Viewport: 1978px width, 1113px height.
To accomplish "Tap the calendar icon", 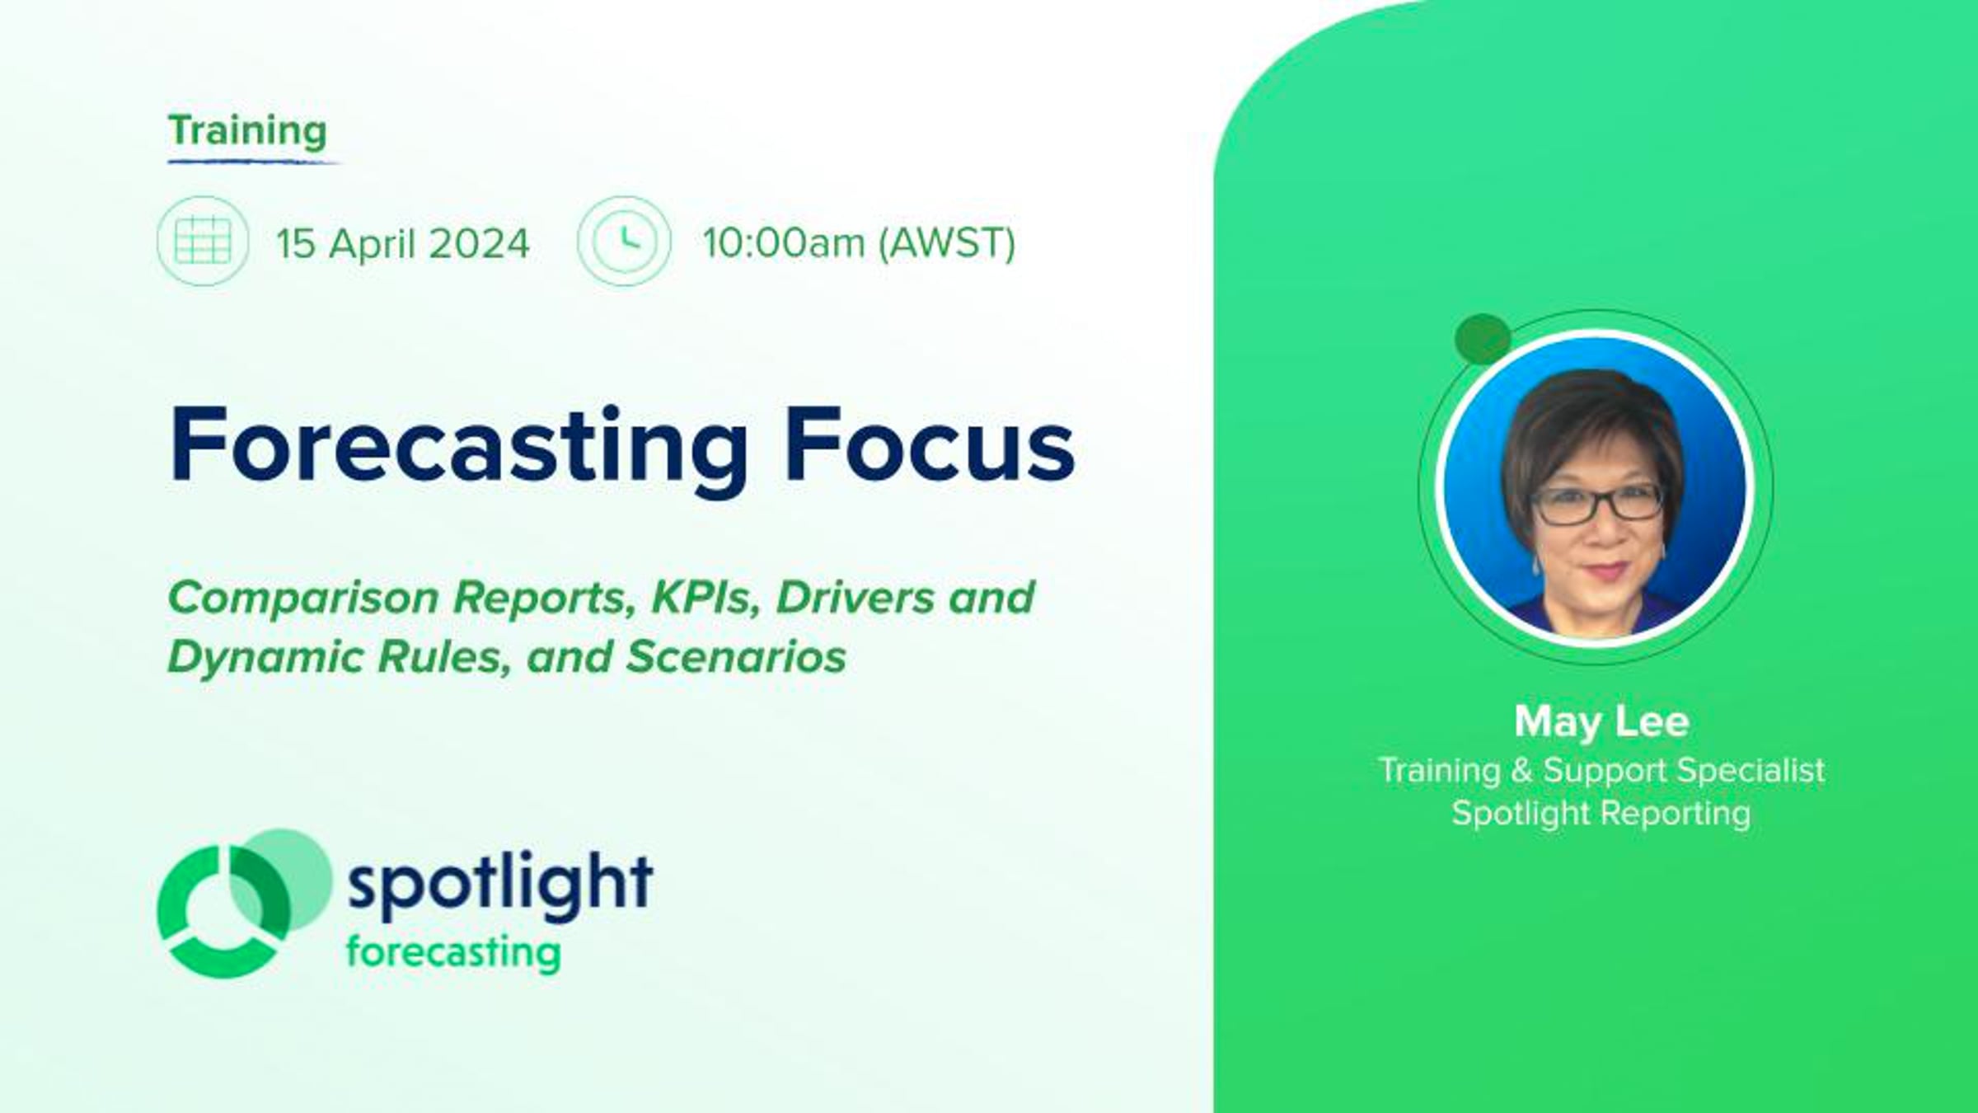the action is click(x=203, y=241).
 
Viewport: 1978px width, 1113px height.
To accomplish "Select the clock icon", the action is click(x=624, y=241).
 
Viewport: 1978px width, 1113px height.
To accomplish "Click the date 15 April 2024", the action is click(x=402, y=243).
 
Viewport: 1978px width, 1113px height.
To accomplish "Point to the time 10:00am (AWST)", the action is click(x=859, y=243).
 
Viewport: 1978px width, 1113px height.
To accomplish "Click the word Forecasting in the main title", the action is click(x=458, y=446).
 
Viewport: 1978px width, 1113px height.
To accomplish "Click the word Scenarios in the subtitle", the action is click(x=736, y=657).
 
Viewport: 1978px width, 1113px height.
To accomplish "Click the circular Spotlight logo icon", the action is click(x=244, y=904).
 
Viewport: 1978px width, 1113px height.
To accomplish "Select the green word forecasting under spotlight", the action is click(x=453, y=953).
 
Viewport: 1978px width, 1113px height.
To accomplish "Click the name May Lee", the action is click(x=1601, y=722).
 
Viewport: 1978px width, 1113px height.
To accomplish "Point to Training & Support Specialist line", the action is click(x=1601, y=770).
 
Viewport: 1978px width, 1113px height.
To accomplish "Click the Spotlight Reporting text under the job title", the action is click(x=1601, y=813).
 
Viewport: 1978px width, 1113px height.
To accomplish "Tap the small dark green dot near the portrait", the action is click(x=1483, y=339).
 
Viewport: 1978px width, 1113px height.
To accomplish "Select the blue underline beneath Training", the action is click(x=254, y=162).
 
